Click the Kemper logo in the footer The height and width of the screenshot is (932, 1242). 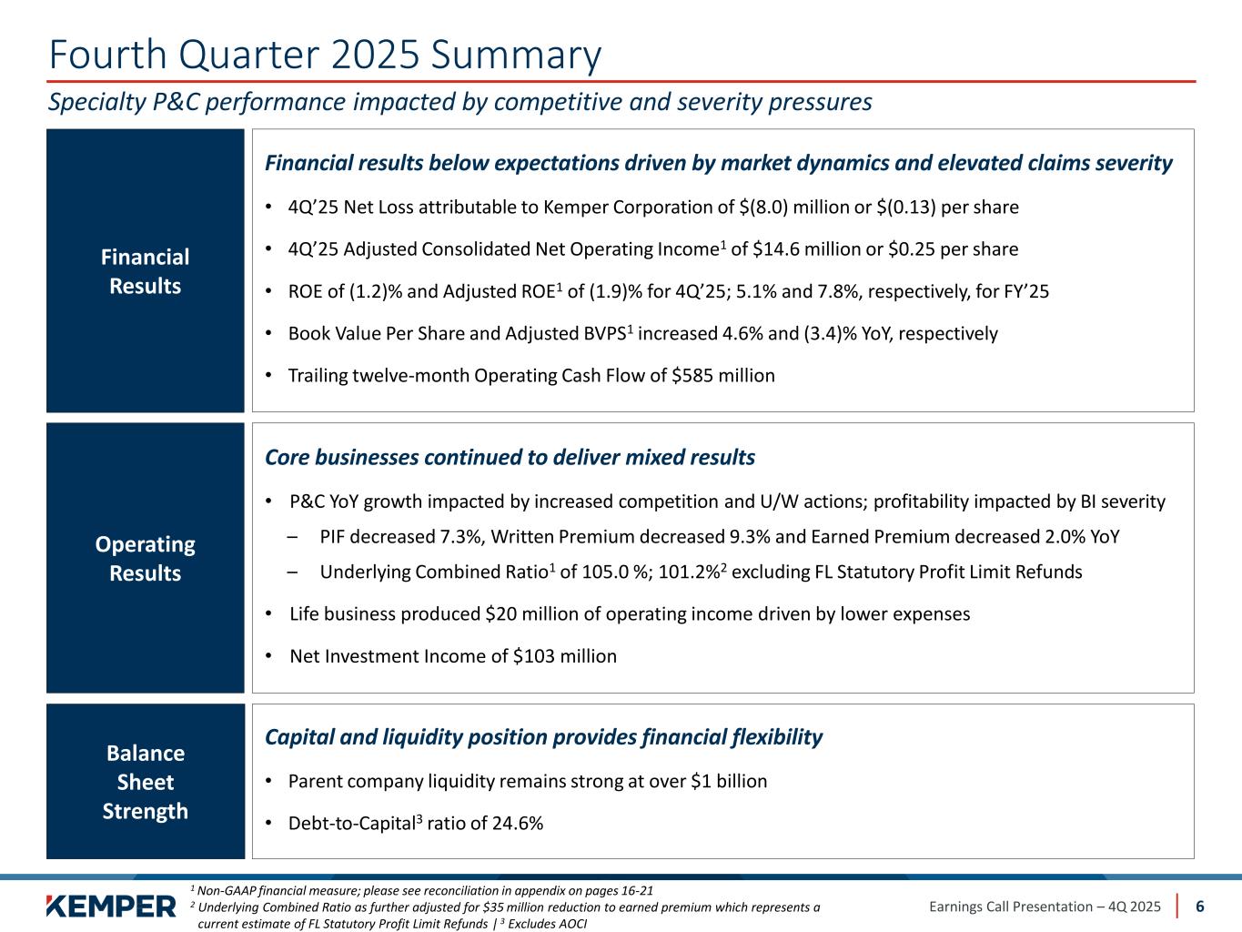111,907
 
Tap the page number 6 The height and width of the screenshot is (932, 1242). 1200,907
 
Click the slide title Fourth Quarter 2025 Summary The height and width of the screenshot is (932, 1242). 325,55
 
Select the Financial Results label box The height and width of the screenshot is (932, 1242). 146,271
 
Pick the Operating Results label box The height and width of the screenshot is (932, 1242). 146,558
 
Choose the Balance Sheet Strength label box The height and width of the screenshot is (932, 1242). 146,782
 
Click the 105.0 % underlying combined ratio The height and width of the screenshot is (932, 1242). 618,572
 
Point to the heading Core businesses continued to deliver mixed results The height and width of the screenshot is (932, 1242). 510,457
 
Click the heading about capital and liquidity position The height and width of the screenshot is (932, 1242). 543,737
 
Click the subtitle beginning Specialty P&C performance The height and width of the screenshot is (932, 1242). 459,102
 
